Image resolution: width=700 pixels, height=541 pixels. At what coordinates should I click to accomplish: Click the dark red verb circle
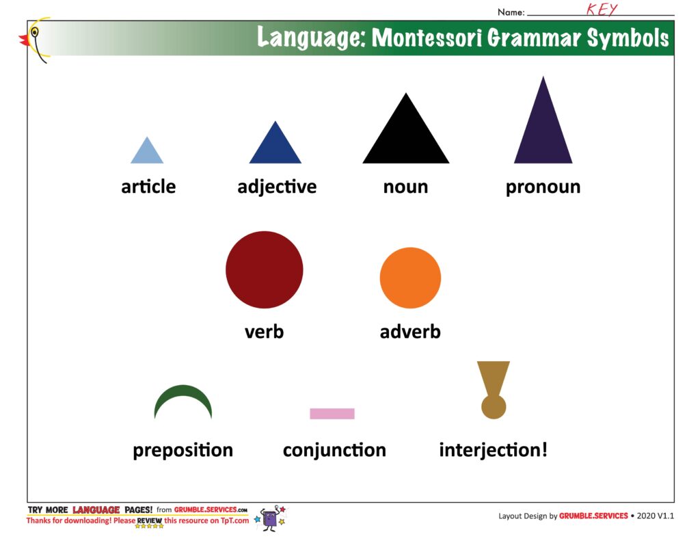click(x=265, y=270)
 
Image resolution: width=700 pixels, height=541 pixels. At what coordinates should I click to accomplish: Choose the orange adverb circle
click(x=410, y=278)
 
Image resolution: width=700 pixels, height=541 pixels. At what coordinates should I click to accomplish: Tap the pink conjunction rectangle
click(x=332, y=414)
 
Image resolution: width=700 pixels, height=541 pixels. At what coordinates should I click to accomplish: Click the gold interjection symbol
click(x=494, y=390)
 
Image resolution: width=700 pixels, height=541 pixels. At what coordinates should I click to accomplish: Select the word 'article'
click(x=148, y=186)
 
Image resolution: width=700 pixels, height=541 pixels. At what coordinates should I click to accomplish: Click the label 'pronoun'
click(x=543, y=187)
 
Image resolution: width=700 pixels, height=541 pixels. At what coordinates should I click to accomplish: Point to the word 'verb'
click(x=265, y=332)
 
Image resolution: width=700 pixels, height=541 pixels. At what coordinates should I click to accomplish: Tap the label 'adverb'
click(x=410, y=332)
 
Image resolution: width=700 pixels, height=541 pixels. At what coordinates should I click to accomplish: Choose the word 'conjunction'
click(x=334, y=450)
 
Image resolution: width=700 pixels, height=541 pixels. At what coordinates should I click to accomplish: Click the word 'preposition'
click(x=183, y=450)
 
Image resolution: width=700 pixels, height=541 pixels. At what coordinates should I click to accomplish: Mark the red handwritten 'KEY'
click(x=602, y=10)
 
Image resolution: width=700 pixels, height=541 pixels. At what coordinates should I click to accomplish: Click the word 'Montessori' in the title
click(x=427, y=38)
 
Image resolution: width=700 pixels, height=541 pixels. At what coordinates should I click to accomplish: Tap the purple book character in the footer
click(x=271, y=518)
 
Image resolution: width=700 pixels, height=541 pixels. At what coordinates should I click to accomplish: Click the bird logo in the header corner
click(x=34, y=39)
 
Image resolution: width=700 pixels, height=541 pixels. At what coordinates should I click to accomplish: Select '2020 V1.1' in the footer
click(x=656, y=516)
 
